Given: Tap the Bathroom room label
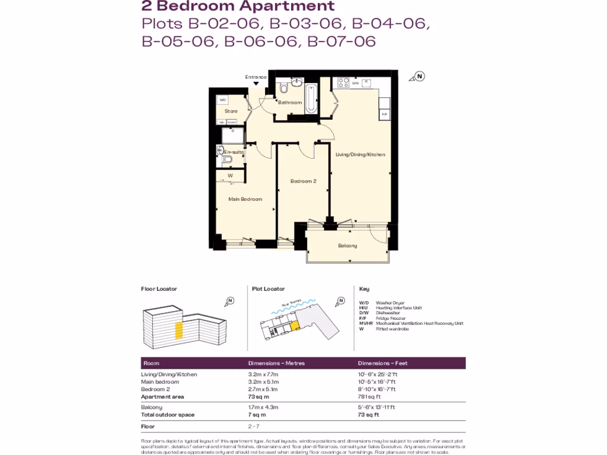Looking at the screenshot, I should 290,102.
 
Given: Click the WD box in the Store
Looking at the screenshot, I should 223,100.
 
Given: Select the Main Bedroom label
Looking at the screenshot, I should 245,199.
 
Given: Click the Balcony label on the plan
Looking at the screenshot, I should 347,245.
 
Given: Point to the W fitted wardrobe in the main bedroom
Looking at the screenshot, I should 230,175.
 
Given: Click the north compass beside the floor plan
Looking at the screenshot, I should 419,76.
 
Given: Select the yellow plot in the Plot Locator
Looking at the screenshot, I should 294,325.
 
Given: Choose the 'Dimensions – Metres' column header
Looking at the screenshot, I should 276,363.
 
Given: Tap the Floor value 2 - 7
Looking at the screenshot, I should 254,427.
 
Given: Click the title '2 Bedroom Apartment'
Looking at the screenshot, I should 238,7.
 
